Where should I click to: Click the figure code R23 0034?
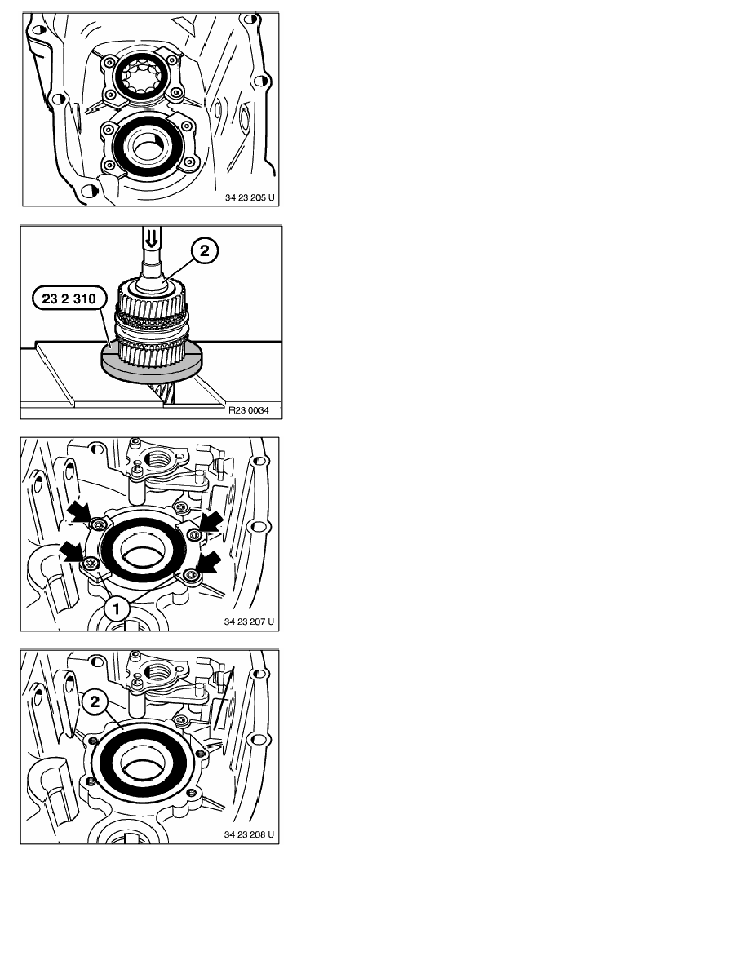253,410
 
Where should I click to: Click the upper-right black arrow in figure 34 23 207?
209,522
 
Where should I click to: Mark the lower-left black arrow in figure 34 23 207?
72,551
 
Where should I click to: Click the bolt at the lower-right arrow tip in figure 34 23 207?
192,575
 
